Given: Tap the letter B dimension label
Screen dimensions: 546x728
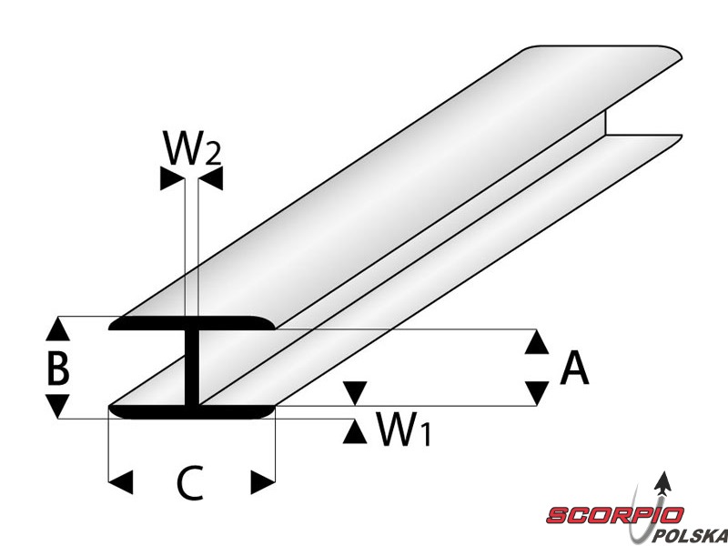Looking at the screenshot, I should tap(58, 369).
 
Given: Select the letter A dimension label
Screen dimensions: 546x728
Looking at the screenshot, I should tap(574, 369).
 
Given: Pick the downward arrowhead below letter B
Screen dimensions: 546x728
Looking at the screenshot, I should tap(58, 406).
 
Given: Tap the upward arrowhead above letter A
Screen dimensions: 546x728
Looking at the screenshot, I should tap(538, 342).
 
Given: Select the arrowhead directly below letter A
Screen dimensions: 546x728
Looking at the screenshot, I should tap(538, 393).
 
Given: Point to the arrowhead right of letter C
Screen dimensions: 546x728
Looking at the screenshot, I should tap(263, 480).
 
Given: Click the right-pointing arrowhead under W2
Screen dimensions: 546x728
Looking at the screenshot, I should tap(170, 179).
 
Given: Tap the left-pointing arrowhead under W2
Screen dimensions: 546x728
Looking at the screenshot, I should tap(212, 179).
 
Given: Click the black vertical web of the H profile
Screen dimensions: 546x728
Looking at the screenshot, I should tap(192, 369).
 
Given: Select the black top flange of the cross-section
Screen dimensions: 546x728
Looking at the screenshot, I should tap(191, 323).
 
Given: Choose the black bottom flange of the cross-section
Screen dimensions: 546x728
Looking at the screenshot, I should tap(191, 411).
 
